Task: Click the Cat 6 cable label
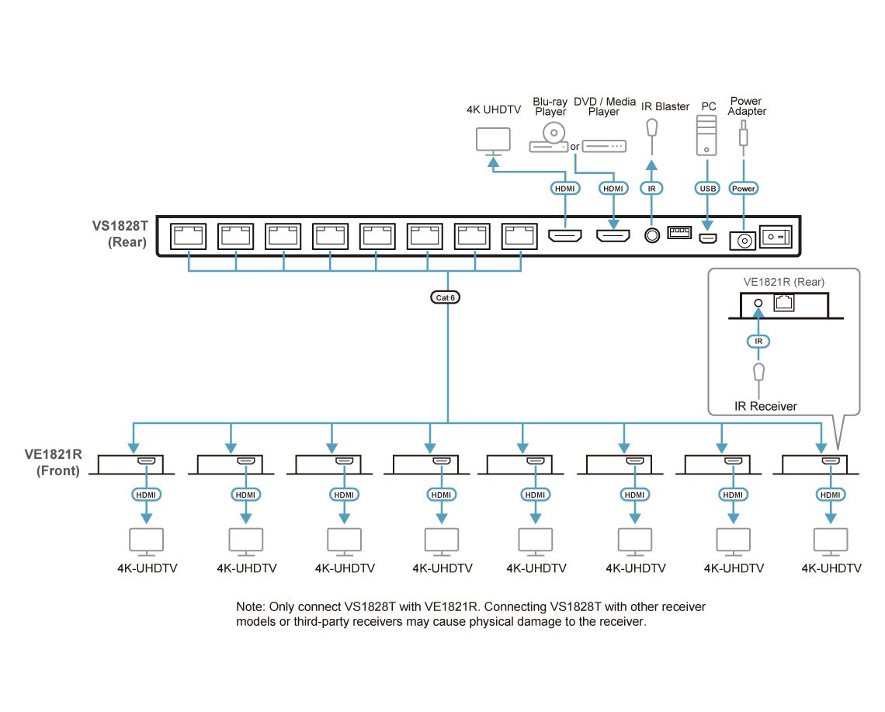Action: (x=446, y=297)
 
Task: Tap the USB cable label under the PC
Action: (x=707, y=188)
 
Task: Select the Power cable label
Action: (x=744, y=188)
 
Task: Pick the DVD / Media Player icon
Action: (x=604, y=145)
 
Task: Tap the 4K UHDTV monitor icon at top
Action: (x=493, y=141)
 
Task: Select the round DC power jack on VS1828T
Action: (x=743, y=241)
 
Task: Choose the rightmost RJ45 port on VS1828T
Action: (x=519, y=236)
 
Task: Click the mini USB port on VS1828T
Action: (x=707, y=238)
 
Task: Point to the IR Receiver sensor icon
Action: (x=760, y=373)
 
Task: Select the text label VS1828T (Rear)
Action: (x=120, y=234)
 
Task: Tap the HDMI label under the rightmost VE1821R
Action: (x=830, y=495)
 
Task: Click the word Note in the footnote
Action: (x=250, y=606)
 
